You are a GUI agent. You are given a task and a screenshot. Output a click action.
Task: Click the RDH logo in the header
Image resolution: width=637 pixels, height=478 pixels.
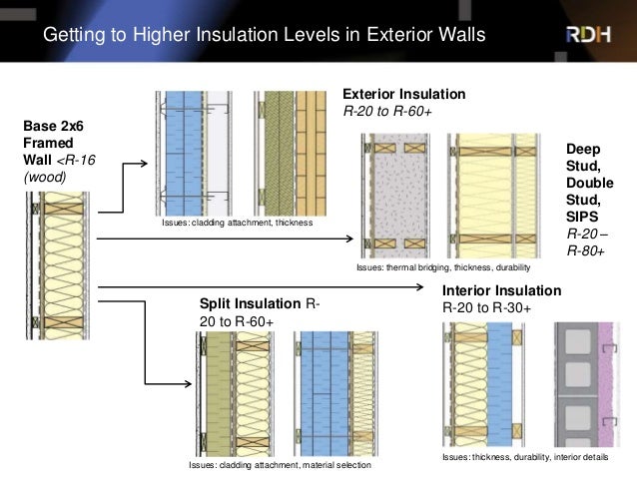tap(589, 35)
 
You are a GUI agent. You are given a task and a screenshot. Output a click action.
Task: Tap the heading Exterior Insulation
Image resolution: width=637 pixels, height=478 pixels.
tap(403, 93)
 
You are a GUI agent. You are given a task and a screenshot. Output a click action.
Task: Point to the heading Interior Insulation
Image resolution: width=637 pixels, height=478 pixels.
tap(501, 290)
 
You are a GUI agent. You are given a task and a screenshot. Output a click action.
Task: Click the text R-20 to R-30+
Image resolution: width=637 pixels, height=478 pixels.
tap(486, 307)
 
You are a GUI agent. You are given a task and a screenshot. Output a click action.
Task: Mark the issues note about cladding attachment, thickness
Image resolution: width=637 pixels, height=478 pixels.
tap(237, 224)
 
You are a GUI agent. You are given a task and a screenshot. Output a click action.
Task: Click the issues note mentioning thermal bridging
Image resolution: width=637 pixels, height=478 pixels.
tap(441, 268)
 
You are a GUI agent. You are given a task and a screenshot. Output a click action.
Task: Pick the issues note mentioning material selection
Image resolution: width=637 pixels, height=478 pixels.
tap(280, 465)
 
